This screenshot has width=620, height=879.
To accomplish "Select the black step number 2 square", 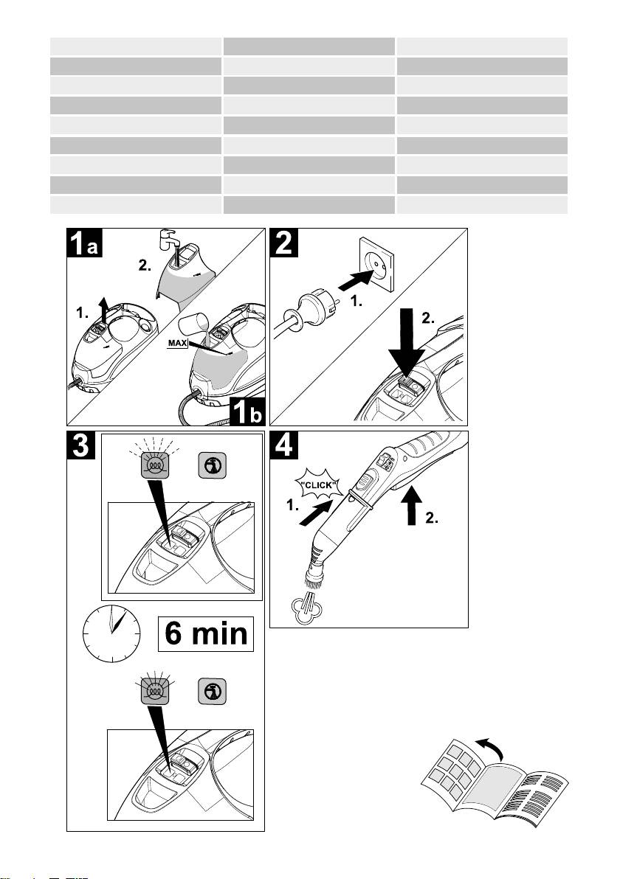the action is tap(284, 242).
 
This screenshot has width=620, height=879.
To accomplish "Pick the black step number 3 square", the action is tap(80, 445).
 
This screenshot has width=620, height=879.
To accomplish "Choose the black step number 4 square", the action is tap(284, 445).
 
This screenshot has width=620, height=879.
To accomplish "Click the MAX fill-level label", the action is tap(177, 343).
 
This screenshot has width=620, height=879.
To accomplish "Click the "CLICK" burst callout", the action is tap(318, 485).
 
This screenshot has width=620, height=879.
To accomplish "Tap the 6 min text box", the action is tap(205, 634).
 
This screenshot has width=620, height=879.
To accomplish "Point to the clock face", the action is tap(111, 633).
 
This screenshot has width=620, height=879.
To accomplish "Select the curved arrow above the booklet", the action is tap(490, 747).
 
